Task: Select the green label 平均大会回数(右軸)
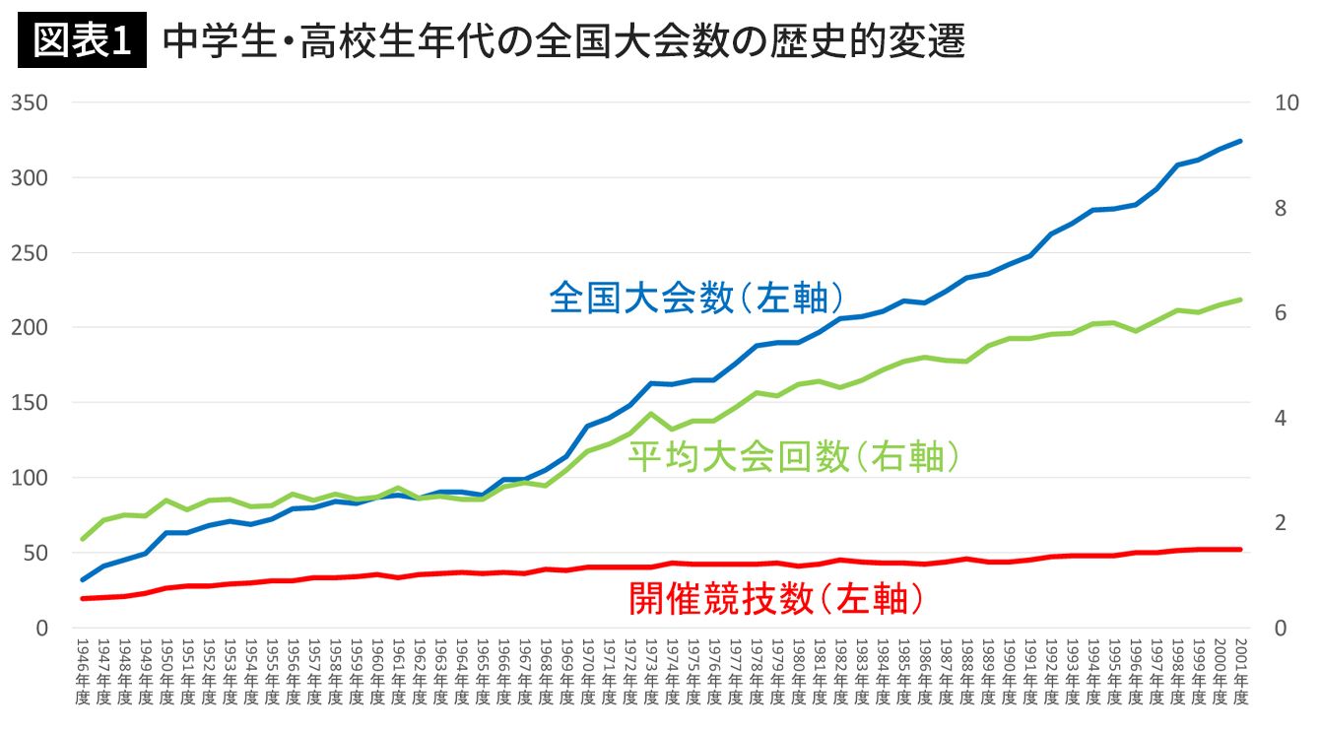[794, 456]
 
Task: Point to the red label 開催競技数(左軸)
[776, 598]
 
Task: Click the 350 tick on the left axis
[30, 102]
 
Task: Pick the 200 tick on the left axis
[30, 327]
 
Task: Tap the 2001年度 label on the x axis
[1240, 670]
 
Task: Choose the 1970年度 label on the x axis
[588, 670]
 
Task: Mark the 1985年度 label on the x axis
[903, 670]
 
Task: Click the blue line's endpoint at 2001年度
[1240, 141]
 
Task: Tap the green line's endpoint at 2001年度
[1240, 300]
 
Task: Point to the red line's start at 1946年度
[83, 598]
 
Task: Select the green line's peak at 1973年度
[650, 414]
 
